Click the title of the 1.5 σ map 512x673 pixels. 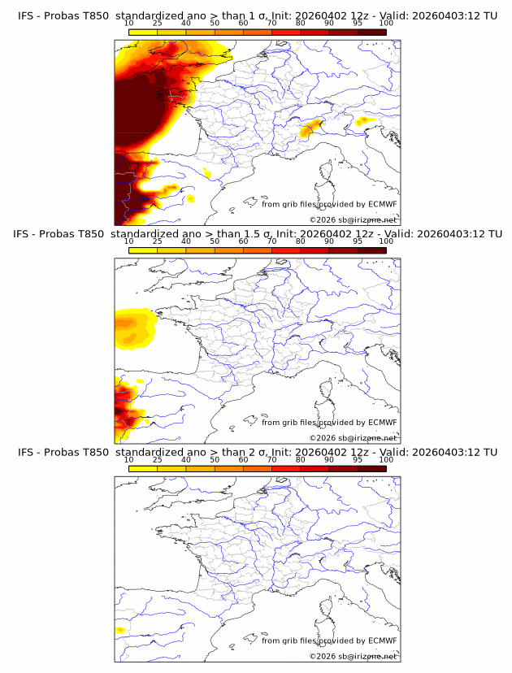pos(257,234)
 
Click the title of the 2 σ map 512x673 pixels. pos(257,452)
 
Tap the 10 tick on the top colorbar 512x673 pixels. pos(128,24)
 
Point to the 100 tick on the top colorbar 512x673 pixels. pos(386,24)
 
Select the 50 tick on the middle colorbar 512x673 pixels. pos(215,242)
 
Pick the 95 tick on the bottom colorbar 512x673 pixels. pos(358,460)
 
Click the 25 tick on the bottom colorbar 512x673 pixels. pos(157,460)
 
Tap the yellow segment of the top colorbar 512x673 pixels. pos(142,32)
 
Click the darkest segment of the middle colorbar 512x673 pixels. pos(371,250)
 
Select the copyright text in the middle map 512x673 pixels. pos(353,437)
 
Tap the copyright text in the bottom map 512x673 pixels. pos(353,655)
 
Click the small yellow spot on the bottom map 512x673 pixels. pos(120,630)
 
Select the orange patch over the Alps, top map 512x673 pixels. pos(310,128)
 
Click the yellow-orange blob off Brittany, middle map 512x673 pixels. pos(132,328)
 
